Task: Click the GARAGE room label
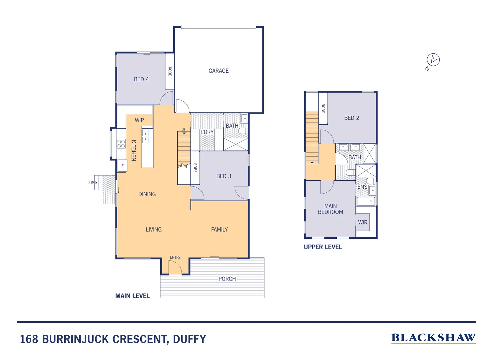(219, 71)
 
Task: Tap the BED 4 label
(141, 79)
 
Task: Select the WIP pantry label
(139, 120)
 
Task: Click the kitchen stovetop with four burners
(121, 144)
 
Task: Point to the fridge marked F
(122, 166)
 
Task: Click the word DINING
(147, 194)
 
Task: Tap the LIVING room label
(154, 230)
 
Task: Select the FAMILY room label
(219, 230)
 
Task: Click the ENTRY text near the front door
(175, 257)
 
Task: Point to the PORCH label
(227, 279)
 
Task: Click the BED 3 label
(224, 176)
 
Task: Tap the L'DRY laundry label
(207, 132)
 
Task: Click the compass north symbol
(433, 60)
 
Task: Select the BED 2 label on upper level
(351, 118)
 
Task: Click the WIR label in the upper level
(363, 222)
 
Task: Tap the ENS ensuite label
(362, 187)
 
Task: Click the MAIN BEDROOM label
(330, 209)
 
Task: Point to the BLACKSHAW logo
(433, 338)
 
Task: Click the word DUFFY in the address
(190, 339)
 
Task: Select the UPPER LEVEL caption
(323, 247)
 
